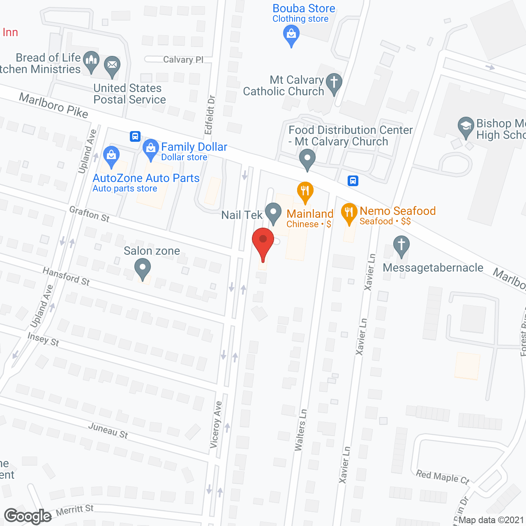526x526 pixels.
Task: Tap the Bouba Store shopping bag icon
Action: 291,35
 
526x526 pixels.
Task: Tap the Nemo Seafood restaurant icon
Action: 349,213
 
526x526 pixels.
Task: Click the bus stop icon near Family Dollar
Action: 135,136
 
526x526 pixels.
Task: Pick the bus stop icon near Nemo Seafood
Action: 353,180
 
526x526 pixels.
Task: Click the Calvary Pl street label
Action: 183,60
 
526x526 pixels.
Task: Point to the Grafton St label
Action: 90,214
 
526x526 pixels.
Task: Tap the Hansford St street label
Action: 66,276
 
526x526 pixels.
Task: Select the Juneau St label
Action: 108,430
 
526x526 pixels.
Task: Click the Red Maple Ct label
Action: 443,477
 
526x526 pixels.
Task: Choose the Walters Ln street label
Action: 300,430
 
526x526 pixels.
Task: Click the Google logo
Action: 28,516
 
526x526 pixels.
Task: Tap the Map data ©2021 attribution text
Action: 491,520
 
